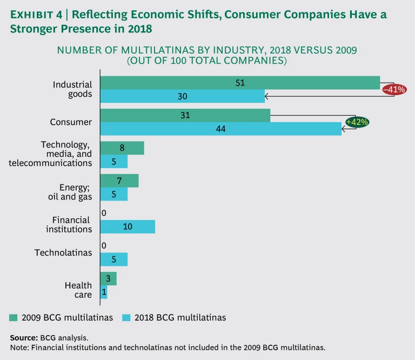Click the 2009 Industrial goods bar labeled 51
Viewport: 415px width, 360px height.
(240, 82)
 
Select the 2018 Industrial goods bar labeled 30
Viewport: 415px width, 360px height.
(183, 96)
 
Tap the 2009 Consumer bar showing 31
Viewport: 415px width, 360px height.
(185, 115)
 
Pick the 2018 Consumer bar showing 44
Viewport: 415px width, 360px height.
(220, 129)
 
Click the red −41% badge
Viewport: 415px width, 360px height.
(394, 89)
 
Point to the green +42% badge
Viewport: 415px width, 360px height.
(357, 122)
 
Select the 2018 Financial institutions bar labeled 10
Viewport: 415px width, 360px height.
(128, 226)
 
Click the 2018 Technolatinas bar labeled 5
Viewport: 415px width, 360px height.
(114, 259)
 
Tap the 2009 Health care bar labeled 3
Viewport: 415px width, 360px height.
(108, 278)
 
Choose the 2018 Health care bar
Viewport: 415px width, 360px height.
(104, 292)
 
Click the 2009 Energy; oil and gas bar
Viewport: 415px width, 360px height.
(119, 181)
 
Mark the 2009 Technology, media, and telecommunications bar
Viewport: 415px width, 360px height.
(122, 148)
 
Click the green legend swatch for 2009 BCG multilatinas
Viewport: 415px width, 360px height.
(14, 317)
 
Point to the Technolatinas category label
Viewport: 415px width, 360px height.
(63, 252)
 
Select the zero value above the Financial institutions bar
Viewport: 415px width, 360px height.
(103, 213)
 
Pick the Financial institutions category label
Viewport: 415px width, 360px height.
(72, 224)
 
